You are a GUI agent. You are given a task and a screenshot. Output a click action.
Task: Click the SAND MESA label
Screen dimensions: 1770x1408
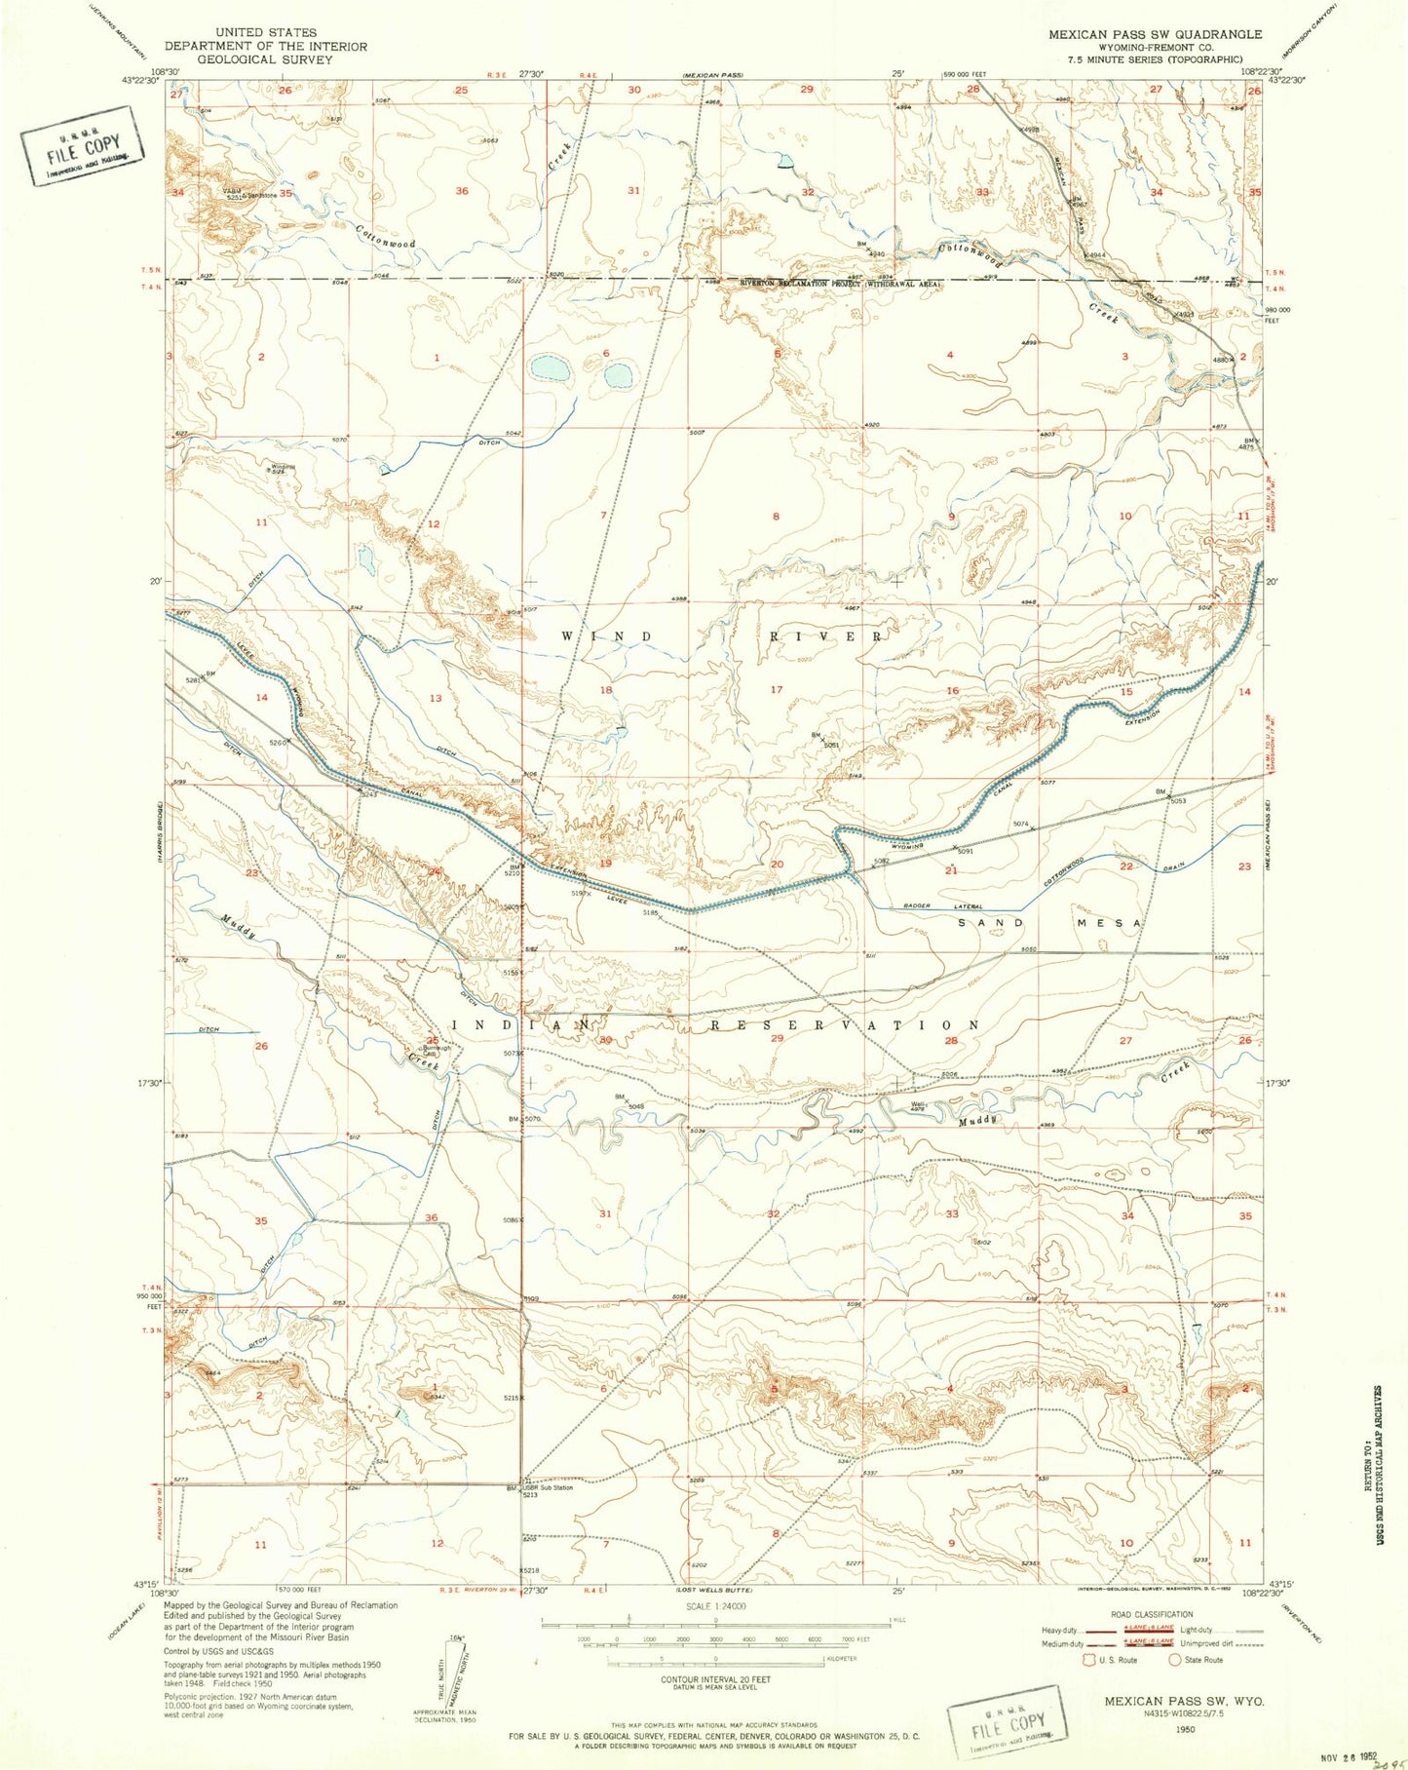pos(1048,922)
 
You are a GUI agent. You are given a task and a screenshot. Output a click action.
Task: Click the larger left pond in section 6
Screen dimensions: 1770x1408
pos(550,368)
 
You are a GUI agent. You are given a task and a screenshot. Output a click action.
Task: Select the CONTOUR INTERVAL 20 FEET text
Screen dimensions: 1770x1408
pos(716,1679)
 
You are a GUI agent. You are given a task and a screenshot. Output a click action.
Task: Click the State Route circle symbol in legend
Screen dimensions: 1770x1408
pos(1174,1659)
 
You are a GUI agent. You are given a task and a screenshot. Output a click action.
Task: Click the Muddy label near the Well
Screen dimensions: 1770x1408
pos(979,1120)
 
